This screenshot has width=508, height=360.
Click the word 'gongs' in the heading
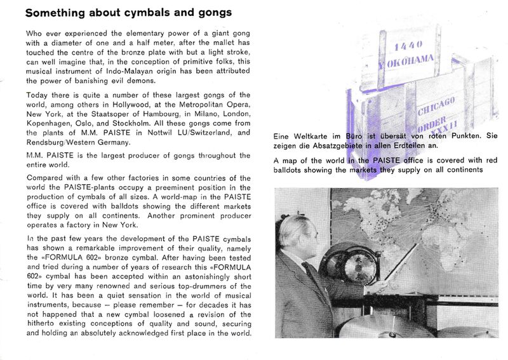[x=209, y=13]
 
